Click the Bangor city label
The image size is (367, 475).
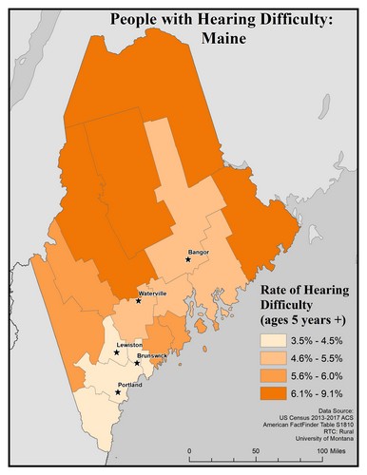(x=199, y=252)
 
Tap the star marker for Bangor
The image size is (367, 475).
(x=188, y=259)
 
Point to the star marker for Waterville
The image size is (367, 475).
(x=139, y=300)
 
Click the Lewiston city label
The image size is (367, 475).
(x=129, y=345)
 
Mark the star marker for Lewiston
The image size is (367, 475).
(x=117, y=352)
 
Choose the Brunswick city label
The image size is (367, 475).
(x=152, y=355)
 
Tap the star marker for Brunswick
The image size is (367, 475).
(x=138, y=363)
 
